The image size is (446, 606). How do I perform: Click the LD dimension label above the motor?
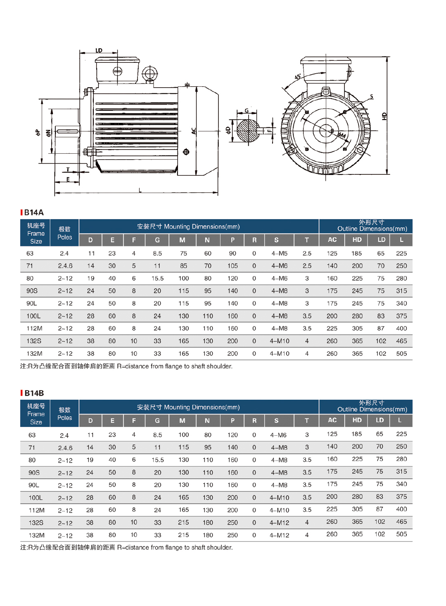(99, 50)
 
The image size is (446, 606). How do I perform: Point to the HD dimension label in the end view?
(384, 116)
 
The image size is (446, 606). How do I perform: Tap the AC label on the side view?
(194, 131)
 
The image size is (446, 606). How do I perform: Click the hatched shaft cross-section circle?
(248, 131)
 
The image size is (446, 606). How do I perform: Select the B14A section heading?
(33, 212)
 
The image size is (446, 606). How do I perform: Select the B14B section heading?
(33, 393)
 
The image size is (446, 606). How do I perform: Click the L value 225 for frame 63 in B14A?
(401, 253)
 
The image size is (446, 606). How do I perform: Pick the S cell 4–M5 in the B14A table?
(279, 253)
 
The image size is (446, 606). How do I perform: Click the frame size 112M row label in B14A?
(34, 329)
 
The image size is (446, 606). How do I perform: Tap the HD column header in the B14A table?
(357, 240)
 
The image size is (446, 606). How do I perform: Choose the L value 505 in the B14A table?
(401, 354)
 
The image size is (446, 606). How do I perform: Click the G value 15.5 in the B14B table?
(157, 460)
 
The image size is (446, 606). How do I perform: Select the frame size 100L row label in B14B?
(36, 498)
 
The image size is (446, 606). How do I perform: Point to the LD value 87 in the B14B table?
(380, 509)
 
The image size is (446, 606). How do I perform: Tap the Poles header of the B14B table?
(64, 414)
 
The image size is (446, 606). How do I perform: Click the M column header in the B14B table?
(182, 421)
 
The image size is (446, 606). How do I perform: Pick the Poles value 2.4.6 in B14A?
(65, 266)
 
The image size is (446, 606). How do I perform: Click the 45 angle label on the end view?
(298, 77)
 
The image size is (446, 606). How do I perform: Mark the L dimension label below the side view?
(140, 190)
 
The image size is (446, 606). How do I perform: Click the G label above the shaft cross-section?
(247, 110)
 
